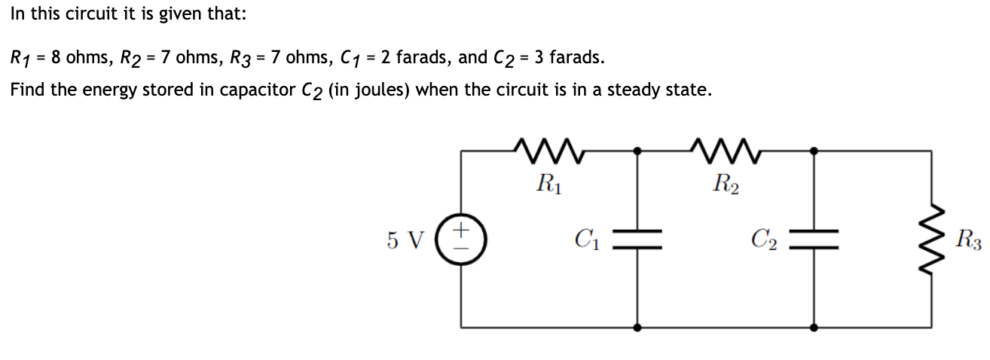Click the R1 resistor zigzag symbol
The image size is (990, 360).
pos(548,150)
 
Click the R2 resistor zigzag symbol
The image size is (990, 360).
pos(726,150)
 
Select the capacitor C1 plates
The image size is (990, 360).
pos(638,239)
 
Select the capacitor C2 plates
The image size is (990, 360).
pos(814,239)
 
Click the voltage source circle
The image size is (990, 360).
pos(461,239)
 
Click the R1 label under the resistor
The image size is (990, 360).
pos(548,183)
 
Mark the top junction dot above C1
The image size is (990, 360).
pos(638,151)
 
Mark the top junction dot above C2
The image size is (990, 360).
pos(814,151)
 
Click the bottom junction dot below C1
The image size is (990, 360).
pos(638,328)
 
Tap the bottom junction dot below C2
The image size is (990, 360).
pos(814,328)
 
